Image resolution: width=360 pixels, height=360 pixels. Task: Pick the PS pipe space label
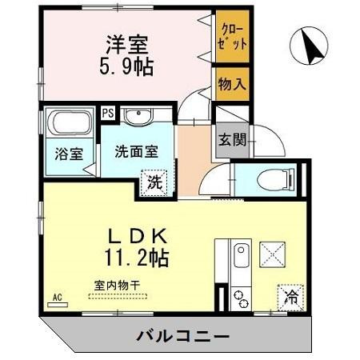[x=107, y=113]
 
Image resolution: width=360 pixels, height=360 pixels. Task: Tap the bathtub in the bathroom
[x=69, y=125]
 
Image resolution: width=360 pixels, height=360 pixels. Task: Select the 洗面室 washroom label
[x=134, y=150]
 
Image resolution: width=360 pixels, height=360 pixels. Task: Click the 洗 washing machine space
[x=154, y=181]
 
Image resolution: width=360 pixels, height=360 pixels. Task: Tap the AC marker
[x=58, y=298]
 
